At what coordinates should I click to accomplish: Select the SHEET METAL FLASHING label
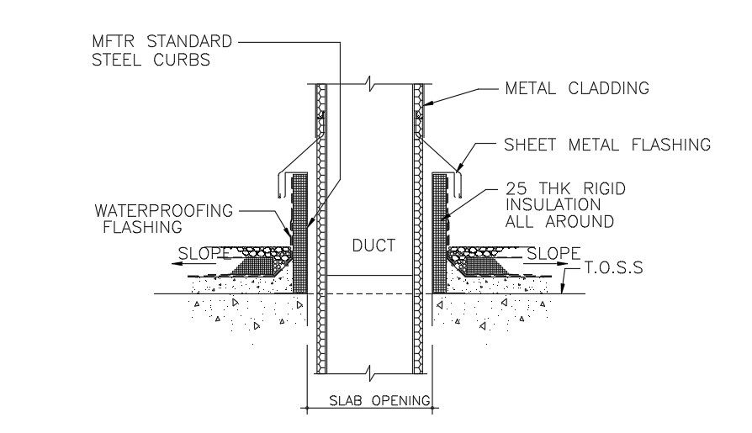606,145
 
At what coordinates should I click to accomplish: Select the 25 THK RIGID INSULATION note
564,205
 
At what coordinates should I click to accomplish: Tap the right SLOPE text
553,253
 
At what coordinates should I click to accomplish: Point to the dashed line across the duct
368,293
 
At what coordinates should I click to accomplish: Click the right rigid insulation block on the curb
438,219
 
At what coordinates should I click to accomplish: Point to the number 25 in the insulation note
515,189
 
